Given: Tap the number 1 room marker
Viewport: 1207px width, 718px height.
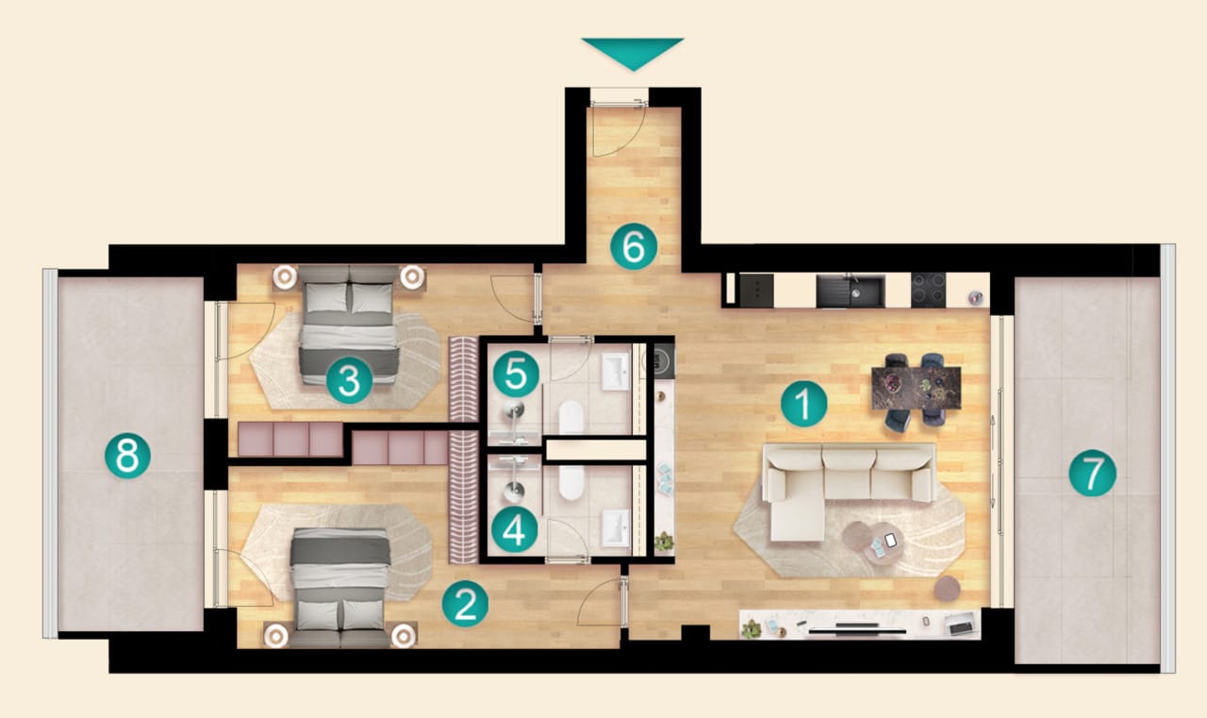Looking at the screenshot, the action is (x=804, y=404).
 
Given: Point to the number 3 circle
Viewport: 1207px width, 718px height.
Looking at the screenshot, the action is (x=349, y=380).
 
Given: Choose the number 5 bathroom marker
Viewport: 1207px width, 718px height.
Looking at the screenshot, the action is (x=516, y=375).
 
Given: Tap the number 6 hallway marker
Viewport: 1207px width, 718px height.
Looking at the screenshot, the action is (x=634, y=246).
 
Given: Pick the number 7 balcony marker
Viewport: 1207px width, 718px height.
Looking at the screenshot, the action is (x=1093, y=474).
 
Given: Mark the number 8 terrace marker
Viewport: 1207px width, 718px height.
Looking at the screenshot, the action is (x=127, y=456).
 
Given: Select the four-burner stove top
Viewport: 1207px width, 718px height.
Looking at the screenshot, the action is (x=929, y=291).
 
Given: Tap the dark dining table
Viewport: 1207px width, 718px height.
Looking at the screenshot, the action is (x=916, y=388).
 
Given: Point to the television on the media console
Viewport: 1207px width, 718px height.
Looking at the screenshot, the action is (x=857, y=628).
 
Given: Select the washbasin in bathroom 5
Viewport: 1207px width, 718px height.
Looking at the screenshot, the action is (x=616, y=372).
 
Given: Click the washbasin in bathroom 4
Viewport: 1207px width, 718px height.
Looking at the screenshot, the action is (x=616, y=528).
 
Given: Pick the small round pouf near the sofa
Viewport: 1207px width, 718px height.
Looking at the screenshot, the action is (x=948, y=589).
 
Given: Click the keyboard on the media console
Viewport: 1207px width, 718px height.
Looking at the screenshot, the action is (x=961, y=627).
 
